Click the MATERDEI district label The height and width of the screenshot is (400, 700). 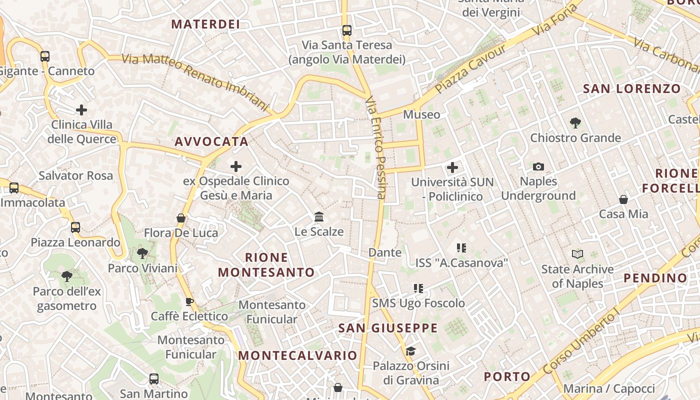click(x=205, y=24)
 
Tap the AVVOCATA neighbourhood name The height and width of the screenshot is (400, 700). click(x=211, y=141)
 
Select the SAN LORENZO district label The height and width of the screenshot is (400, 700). click(x=632, y=89)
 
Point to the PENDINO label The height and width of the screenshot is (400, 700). click(x=655, y=278)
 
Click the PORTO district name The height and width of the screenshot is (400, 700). click(x=507, y=376)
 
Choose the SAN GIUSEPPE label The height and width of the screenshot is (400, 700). click(x=388, y=328)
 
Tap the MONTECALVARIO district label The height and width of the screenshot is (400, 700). click(x=298, y=355)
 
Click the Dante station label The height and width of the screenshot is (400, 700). click(x=385, y=252)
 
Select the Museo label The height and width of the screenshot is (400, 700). click(x=421, y=114)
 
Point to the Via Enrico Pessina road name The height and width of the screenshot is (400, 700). click(x=376, y=148)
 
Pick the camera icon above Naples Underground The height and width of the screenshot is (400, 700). click(x=538, y=166)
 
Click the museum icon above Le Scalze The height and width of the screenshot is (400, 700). click(x=319, y=216)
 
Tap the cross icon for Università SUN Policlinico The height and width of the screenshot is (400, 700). click(x=452, y=167)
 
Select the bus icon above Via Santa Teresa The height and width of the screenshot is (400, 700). click(x=347, y=30)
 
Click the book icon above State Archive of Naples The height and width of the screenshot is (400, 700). click(x=577, y=254)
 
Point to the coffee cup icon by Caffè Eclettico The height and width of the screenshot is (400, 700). click(x=189, y=301)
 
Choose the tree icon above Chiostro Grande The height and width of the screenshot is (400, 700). click(x=575, y=122)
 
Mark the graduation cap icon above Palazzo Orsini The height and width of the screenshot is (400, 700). click(x=410, y=351)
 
